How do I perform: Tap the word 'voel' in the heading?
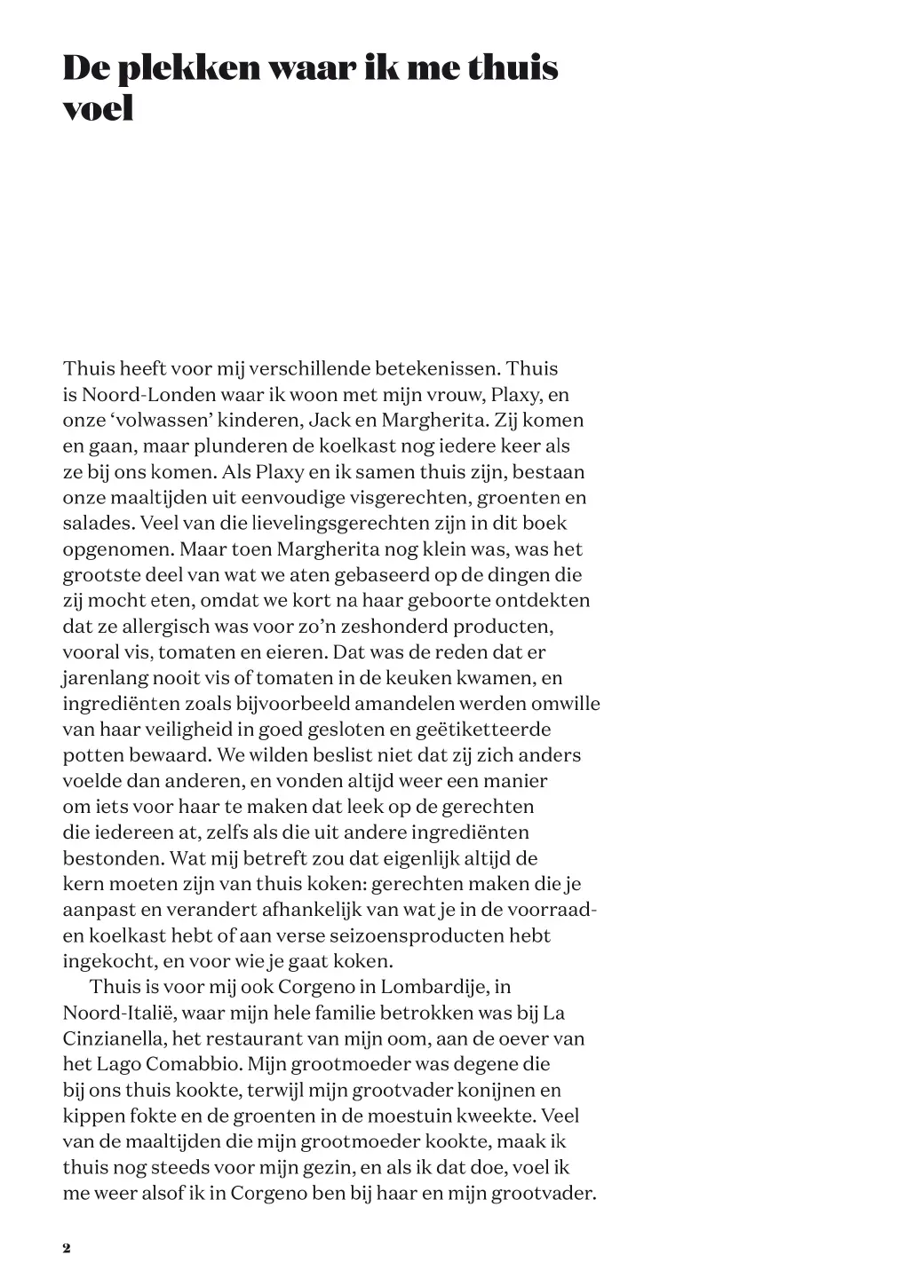tap(98, 108)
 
